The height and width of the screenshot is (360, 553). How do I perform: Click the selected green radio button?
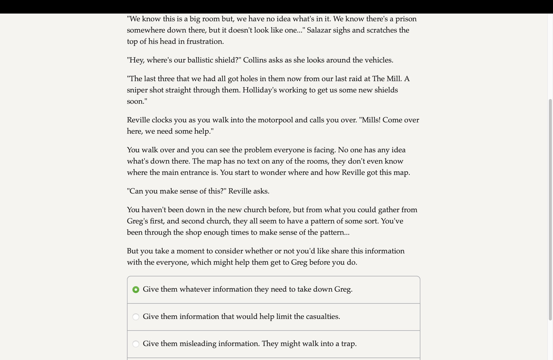136,290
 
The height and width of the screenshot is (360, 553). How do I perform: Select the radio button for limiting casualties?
136,317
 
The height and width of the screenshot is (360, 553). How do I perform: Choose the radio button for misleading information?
136,344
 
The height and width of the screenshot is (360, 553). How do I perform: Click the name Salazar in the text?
318,30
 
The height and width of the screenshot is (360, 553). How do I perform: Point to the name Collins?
254,60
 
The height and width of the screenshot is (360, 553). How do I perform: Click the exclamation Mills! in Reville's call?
370,120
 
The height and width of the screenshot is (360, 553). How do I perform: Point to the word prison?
406,19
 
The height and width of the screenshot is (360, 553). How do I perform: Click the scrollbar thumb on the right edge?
550,210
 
